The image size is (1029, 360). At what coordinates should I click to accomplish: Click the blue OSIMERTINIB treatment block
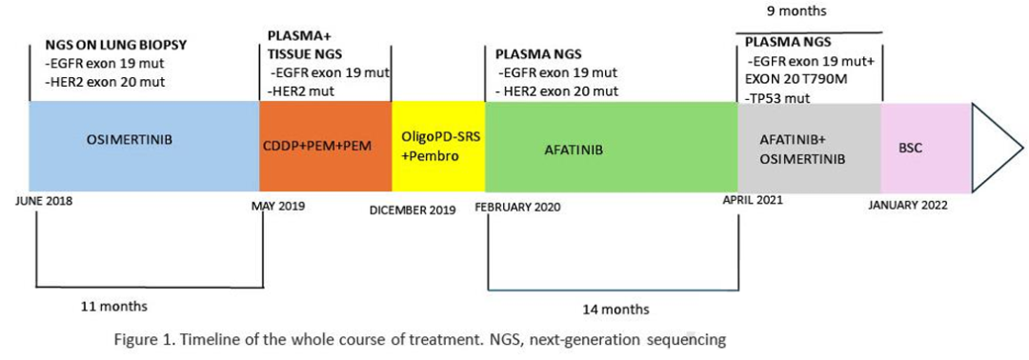point(145,149)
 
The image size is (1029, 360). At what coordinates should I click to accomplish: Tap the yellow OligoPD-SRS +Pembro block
point(438,149)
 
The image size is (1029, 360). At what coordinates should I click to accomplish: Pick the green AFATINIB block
point(612,149)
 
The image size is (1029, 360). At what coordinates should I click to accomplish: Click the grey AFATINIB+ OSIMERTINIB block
point(810,149)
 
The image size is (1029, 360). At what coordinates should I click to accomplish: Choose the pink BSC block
point(926,149)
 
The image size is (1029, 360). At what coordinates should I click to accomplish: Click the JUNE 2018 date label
point(43,202)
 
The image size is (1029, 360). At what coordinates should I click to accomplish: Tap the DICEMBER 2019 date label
point(413,210)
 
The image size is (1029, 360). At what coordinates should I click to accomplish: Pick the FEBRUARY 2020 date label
point(517,208)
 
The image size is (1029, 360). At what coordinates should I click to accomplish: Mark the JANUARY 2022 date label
point(908,206)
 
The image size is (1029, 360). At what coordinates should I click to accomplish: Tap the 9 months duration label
point(808,11)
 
